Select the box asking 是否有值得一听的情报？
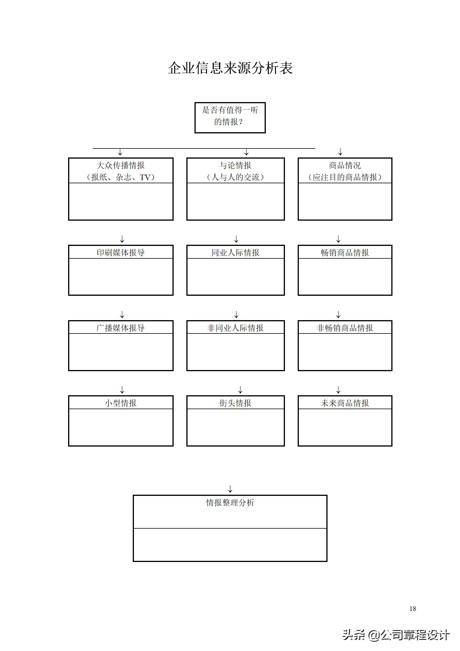[x=230, y=117]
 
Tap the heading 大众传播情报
[x=121, y=166]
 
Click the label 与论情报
[x=235, y=166]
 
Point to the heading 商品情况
[x=345, y=166]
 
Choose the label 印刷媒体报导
[x=121, y=253]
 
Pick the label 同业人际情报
[x=235, y=253]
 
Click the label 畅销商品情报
[x=345, y=253]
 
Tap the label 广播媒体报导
[x=121, y=328]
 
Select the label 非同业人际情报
[x=235, y=328]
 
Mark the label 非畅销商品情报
[x=345, y=328]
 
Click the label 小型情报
[x=121, y=403]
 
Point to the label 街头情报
[x=235, y=403]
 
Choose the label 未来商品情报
[x=345, y=403]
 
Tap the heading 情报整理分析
[x=230, y=503]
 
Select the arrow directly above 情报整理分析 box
[x=230, y=489]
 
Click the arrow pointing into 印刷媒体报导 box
[x=122, y=239]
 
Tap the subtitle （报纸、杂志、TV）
[x=121, y=177]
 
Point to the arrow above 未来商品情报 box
[x=338, y=390]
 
